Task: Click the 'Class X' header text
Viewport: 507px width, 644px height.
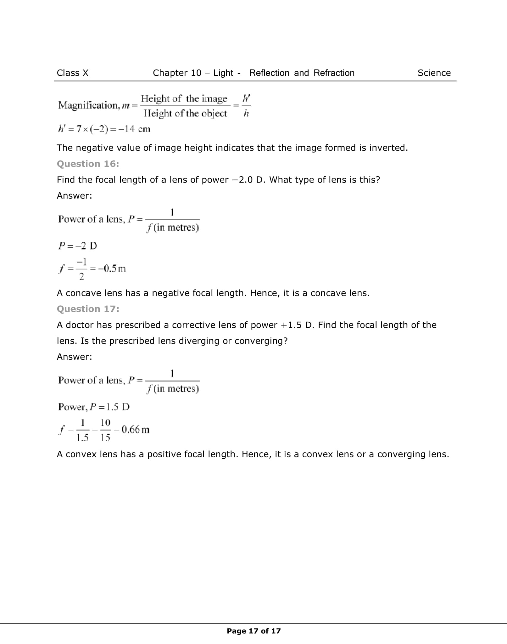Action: click(72, 73)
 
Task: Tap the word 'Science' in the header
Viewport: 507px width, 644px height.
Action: click(434, 73)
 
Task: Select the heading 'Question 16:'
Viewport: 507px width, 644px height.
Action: click(88, 164)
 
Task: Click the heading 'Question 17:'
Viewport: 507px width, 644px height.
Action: click(88, 309)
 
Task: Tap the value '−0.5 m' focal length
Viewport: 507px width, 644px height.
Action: click(112, 268)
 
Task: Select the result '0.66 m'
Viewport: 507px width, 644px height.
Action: click(135, 430)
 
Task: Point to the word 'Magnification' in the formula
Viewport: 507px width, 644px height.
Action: click(88, 105)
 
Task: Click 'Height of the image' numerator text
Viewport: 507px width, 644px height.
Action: click(184, 99)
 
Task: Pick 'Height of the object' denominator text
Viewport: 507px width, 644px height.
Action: click(185, 113)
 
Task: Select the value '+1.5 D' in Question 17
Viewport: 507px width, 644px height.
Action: click(295, 325)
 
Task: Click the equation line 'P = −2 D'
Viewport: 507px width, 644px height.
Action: click(78, 246)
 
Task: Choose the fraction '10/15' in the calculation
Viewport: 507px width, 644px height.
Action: click(105, 430)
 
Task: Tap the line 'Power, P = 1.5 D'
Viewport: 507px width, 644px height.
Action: click(94, 407)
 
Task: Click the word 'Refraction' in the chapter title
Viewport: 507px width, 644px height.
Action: click(334, 73)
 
